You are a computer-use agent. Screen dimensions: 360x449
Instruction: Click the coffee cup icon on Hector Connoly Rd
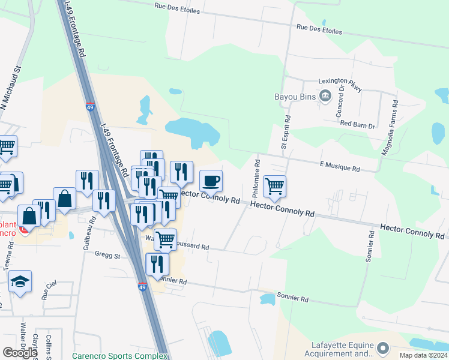(x=211, y=180)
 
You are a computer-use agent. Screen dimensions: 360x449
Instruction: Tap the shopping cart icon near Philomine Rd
(x=274, y=186)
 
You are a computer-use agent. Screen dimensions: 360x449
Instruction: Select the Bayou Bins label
(x=295, y=96)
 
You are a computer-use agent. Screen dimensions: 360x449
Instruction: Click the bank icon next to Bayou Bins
(x=326, y=95)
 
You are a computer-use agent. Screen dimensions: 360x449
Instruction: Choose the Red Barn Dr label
(x=357, y=124)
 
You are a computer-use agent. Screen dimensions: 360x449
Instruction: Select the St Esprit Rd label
(x=286, y=133)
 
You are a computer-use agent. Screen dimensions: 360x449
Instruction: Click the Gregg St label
(x=107, y=255)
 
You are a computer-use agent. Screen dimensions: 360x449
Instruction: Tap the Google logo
(x=20, y=353)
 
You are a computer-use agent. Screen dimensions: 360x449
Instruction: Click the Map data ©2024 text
(x=423, y=355)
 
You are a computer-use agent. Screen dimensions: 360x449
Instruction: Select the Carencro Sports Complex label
(x=120, y=356)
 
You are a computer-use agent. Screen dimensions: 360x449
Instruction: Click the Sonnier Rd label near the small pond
(x=292, y=298)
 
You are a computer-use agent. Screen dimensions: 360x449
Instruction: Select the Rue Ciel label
(x=45, y=290)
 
